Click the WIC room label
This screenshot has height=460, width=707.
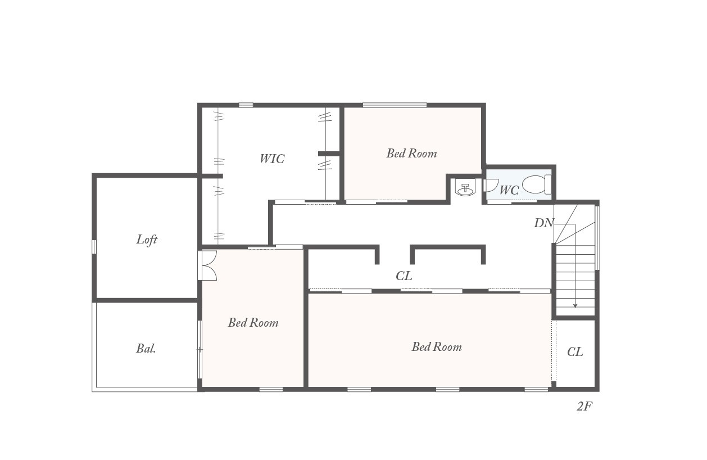[x=272, y=159]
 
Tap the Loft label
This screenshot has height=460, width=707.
[x=147, y=240]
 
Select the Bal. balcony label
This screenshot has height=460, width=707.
[x=146, y=349]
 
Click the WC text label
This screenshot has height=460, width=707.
[x=509, y=190]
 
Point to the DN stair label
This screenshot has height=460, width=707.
[x=543, y=223]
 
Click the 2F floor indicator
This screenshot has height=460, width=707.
[x=584, y=407]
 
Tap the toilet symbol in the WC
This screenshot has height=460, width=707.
[x=536, y=184]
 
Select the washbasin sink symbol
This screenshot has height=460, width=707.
[x=465, y=187]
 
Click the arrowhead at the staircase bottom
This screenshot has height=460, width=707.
[x=575, y=305]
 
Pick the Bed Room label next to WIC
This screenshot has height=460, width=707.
[x=411, y=154]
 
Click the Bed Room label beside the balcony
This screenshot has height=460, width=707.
[x=253, y=323]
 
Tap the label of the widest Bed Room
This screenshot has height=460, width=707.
[x=437, y=347]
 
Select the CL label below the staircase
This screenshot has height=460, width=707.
[x=575, y=351]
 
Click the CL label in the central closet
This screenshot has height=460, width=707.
[x=404, y=276]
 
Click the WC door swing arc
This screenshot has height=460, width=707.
[x=491, y=186]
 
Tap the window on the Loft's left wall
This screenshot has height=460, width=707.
[x=94, y=246]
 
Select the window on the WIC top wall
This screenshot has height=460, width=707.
[x=246, y=105]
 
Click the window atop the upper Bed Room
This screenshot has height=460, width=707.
[x=395, y=105]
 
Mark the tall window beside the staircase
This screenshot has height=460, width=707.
[x=597, y=238]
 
